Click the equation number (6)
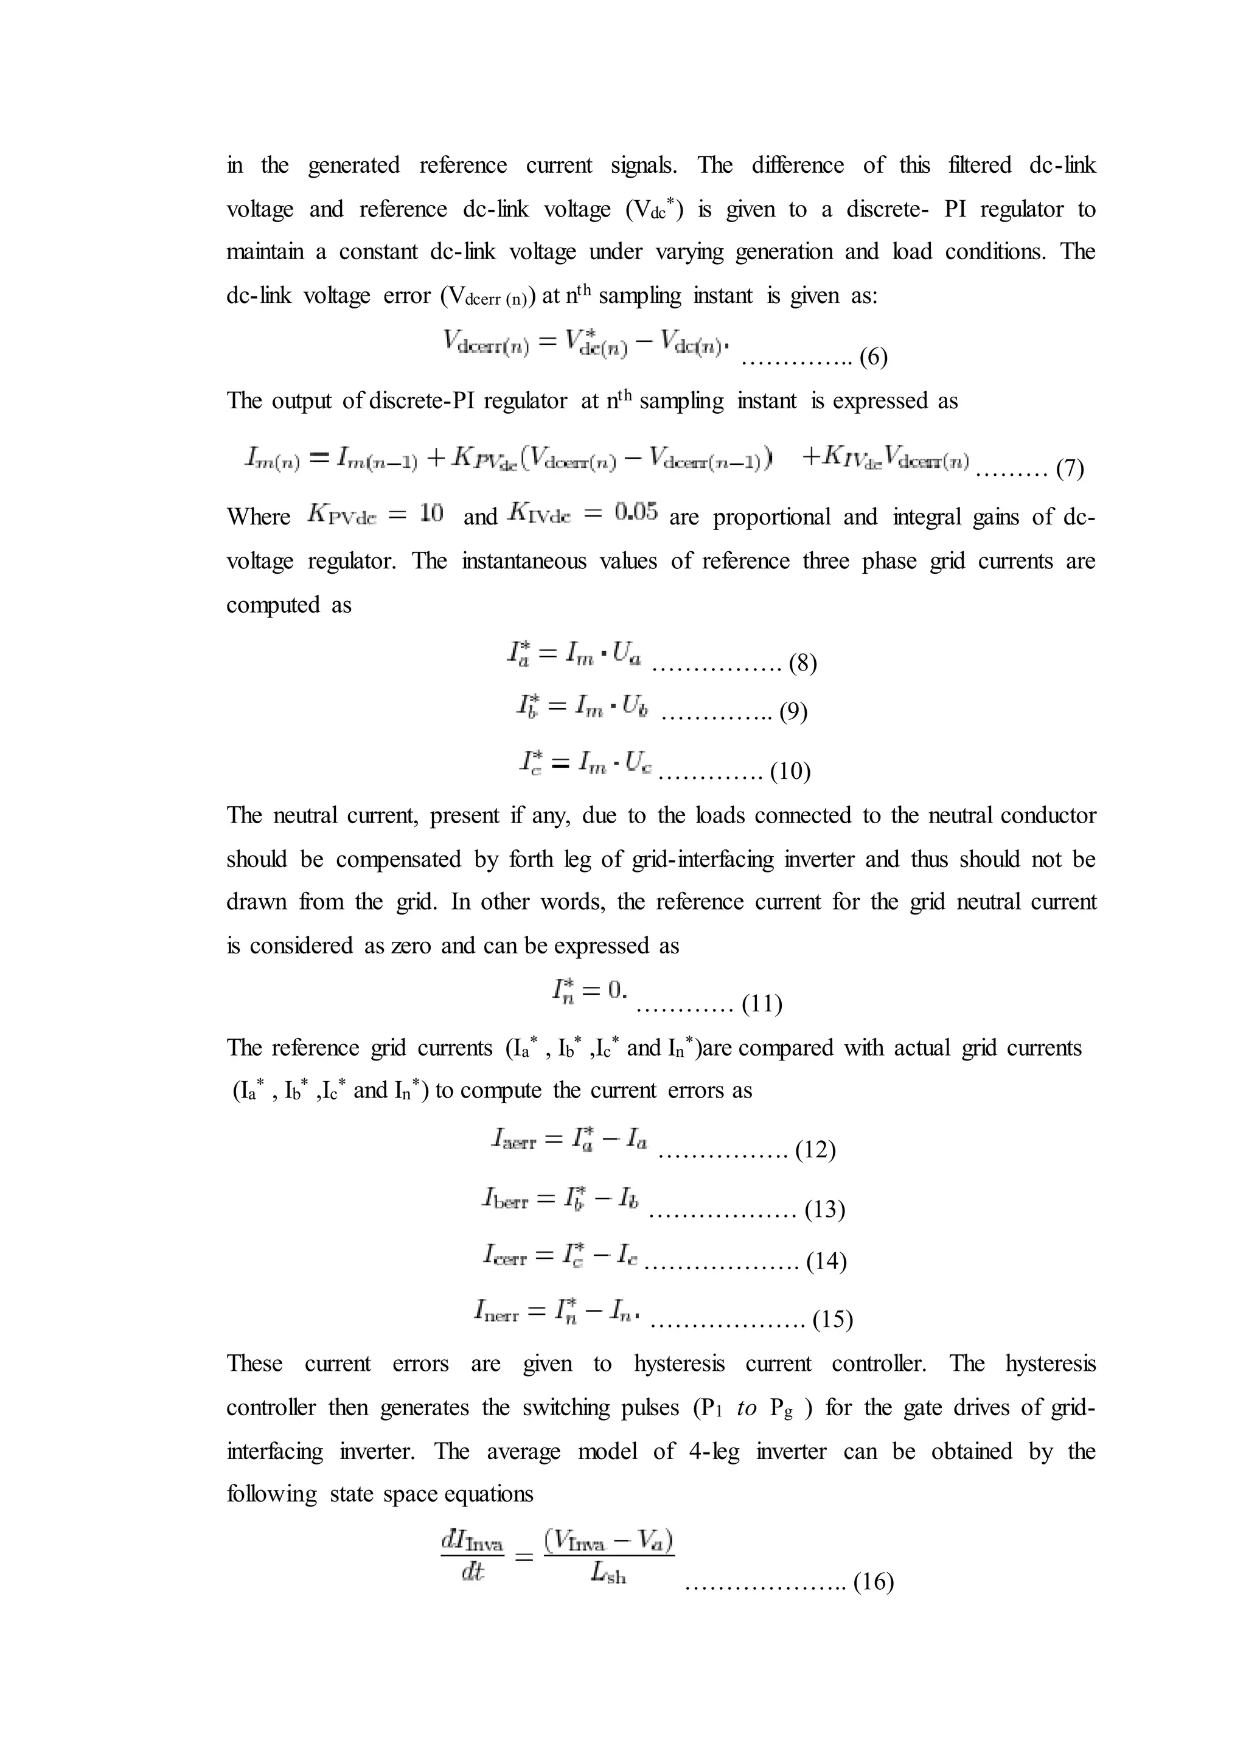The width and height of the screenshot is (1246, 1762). click(x=873, y=358)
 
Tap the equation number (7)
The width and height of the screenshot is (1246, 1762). click(x=1070, y=469)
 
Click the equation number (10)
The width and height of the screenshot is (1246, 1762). click(x=790, y=770)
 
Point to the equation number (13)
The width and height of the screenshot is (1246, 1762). click(x=825, y=1210)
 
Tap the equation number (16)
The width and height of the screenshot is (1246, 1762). click(x=874, y=1583)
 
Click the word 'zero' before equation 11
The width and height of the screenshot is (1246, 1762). click(x=412, y=946)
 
